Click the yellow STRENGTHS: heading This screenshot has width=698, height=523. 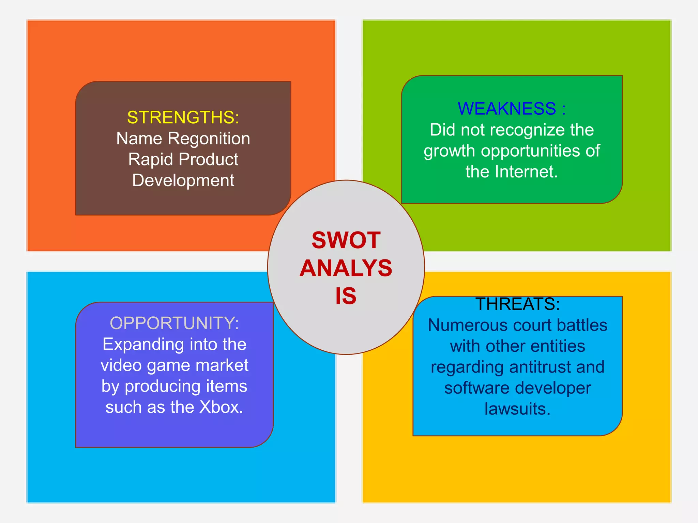coord(183,117)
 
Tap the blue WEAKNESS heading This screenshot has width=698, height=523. coord(507,109)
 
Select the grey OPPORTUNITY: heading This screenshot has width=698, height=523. coord(174,323)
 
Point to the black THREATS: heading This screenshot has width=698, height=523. coord(517,304)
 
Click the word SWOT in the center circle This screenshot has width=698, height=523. coord(346,240)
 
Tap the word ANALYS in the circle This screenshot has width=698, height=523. coord(346,268)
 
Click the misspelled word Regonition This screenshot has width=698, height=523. coord(209,139)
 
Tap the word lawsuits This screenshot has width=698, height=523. coord(517,409)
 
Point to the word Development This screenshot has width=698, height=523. coord(183,180)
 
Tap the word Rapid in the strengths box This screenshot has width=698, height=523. coord(151,159)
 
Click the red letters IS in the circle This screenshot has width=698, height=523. coord(346,296)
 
